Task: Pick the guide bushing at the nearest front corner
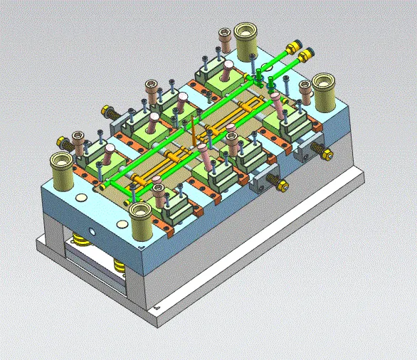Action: point(139,216)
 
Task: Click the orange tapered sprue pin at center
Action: point(194,131)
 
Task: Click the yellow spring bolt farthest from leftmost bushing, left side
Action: point(110,112)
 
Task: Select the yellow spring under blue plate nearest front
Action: point(118,268)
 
